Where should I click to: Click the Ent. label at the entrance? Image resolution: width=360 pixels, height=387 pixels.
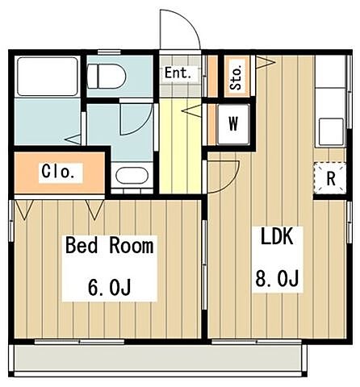[x=178, y=73]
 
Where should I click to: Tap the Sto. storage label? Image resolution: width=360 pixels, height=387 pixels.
[x=236, y=78]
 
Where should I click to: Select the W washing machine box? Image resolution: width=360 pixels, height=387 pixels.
[x=233, y=124]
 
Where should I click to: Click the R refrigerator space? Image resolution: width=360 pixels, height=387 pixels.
[x=330, y=178]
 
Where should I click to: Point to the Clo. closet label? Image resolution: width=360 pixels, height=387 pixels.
[x=58, y=172]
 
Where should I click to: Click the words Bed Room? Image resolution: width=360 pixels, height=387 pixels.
[x=110, y=245]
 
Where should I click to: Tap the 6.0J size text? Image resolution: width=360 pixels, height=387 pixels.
[x=109, y=287]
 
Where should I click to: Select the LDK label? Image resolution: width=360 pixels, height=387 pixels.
[x=278, y=236]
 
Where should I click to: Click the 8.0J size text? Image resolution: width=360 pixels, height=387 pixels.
[x=277, y=278]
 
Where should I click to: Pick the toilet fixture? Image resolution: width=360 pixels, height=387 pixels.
[x=107, y=77]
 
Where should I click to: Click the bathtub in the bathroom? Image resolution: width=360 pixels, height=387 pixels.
[x=48, y=77]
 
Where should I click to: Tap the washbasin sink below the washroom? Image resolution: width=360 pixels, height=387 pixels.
[x=132, y=176]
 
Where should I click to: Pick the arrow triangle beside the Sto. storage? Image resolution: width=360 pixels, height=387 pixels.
[x=266, y=63]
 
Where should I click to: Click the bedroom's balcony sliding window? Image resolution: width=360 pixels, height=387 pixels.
[x=80, y=342]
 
